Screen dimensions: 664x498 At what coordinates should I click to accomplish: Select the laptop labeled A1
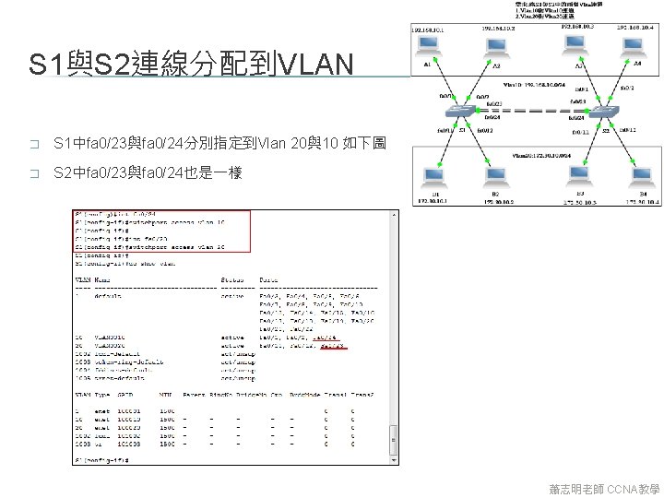point(428,48)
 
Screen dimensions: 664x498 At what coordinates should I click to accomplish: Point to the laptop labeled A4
point(636,48)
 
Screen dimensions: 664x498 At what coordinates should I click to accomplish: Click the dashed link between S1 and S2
point(532,113)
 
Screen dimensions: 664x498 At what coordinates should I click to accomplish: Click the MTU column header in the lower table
point(167,395)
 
